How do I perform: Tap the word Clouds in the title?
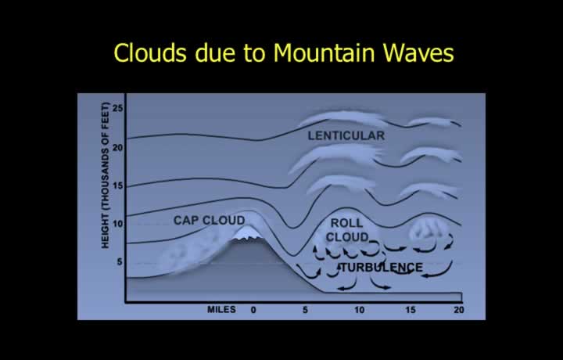point(150,52)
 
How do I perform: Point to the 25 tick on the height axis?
point(117,108)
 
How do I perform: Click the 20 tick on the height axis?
point(117,147)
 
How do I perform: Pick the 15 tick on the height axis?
point(117,185)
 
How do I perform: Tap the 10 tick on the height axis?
point(117,224)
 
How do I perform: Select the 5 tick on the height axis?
point(120,262)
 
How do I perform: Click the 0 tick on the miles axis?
point(253,310)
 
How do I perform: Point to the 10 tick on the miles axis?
point(359,310)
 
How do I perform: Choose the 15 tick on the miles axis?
point(411,310)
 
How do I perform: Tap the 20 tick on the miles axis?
point(458,310)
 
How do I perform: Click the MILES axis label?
point(221,309)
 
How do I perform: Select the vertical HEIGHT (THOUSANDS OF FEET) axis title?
point(106,175)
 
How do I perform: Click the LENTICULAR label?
point(346,135)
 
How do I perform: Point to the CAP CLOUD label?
point(209,220)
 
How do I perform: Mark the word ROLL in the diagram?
point(346,223)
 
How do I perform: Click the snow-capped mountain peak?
point(248,232)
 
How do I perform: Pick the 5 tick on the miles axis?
point(305,310)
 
